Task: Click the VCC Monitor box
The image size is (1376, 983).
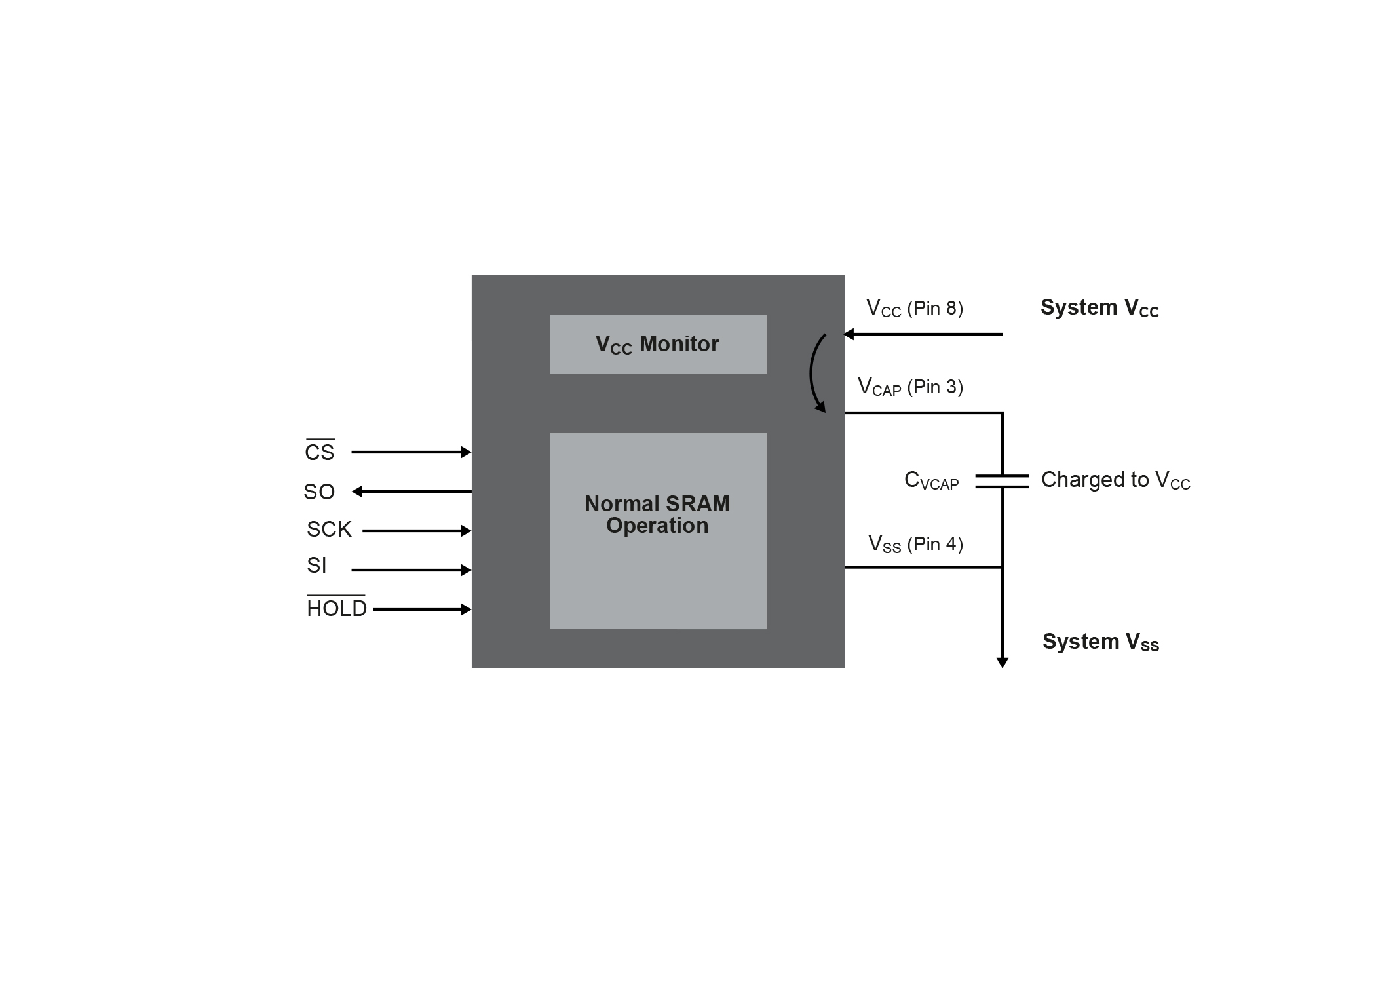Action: click(658, 344)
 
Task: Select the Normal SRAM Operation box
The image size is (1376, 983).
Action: click(658, 530)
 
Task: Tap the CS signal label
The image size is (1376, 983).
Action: click(320, 452)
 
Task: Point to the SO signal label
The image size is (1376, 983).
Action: click(319, 491)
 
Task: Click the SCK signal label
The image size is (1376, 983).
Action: click(329, 530)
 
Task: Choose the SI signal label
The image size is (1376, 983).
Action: click(316, 565)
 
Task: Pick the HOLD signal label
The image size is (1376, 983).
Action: click(337, 609)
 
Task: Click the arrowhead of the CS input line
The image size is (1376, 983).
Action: click(466, 452)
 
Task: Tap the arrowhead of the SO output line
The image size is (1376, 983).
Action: click(358, 491)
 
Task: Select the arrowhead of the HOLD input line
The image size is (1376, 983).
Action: click(466, 609)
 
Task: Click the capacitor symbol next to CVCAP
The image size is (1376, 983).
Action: click(1002, 482)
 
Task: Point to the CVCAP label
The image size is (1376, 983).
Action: click(931, 481)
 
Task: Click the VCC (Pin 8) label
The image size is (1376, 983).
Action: click(915, 308)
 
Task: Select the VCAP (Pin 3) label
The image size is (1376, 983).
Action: click(911, 387)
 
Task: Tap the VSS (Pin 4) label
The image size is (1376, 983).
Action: click(915, 544)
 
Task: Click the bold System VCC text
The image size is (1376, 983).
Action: click(1099, 308)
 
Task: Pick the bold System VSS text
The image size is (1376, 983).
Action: click(1101, 642)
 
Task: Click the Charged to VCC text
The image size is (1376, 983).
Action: click(1115, 480)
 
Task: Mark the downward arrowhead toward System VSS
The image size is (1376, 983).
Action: click(1002, 663)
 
